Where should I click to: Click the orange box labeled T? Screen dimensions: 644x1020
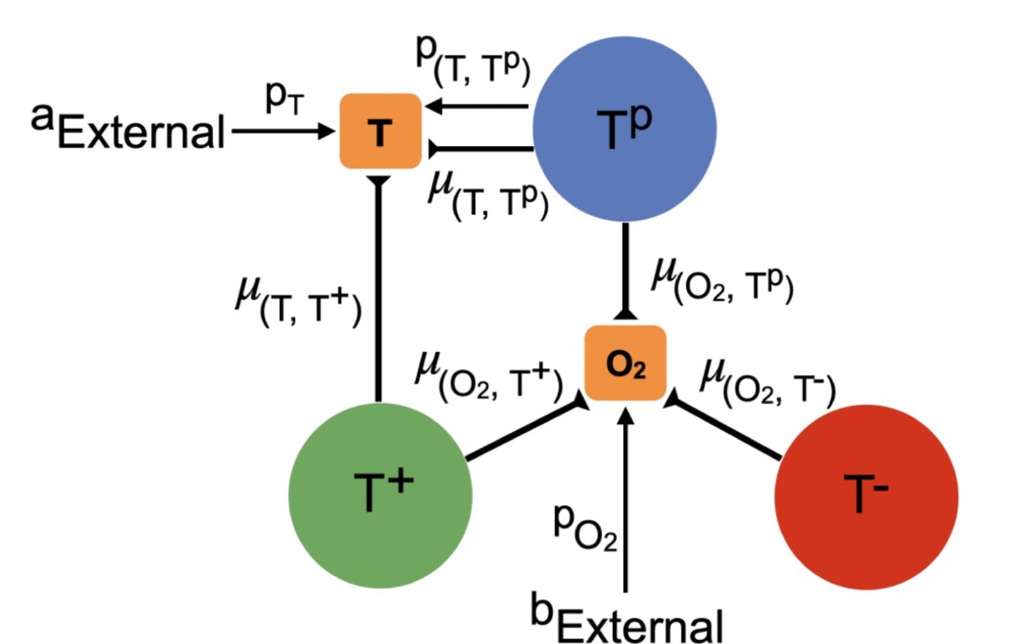[x=380, y=131]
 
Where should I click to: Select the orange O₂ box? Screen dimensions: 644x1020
[x=625, y=363]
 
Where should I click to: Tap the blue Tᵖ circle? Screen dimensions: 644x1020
[x=624, y=129]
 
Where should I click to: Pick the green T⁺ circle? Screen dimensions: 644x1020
[x=380, y=495]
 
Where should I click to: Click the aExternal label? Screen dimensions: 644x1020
[x=128, y=127]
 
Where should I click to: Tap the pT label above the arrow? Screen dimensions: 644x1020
[x=284, y=99]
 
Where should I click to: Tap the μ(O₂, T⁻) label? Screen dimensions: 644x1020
[x=768, y=382]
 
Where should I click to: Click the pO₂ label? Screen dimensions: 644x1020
[x=585, y=527]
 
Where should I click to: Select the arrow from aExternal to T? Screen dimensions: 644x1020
[x=281, y=130]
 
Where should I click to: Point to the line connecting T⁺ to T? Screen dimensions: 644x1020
[x=379, y=290]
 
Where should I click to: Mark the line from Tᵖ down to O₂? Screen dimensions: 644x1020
[x=626, y=269]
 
